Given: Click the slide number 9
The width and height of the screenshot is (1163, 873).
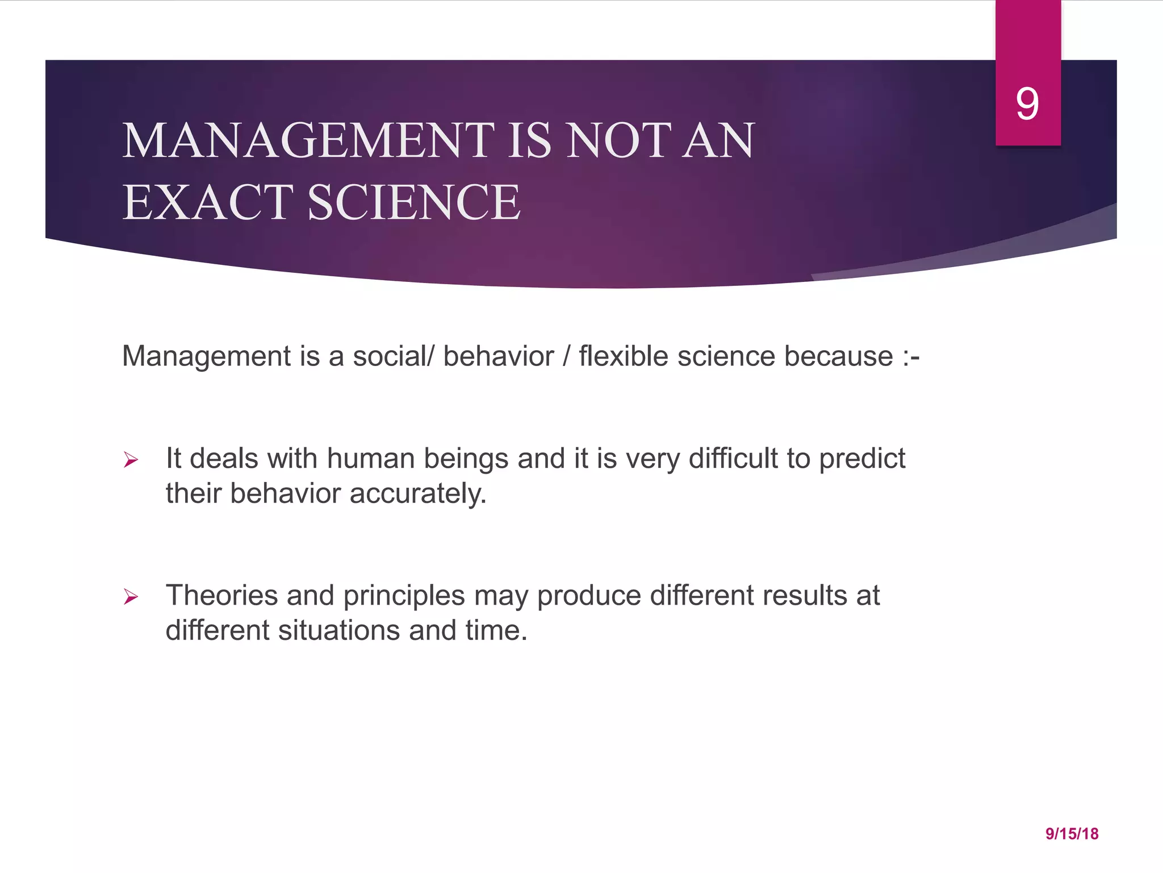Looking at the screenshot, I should [x=1027, y=104].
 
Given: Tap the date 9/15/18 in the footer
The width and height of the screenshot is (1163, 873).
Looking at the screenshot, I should [x=1072, y=834].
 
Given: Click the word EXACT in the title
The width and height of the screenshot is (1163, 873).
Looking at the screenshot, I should [x=207, y=202].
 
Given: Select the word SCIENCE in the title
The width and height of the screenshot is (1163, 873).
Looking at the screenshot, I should [x=413, y=202].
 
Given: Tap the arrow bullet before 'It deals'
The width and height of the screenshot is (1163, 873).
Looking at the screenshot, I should [x=131, y=460].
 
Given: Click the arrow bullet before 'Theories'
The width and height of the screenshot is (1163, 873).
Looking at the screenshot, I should [x=131, y=597].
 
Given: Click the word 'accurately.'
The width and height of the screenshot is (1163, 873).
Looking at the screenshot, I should [x=418, y=493].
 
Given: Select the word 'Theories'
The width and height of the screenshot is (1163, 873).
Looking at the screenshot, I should [x=221, y=596].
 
